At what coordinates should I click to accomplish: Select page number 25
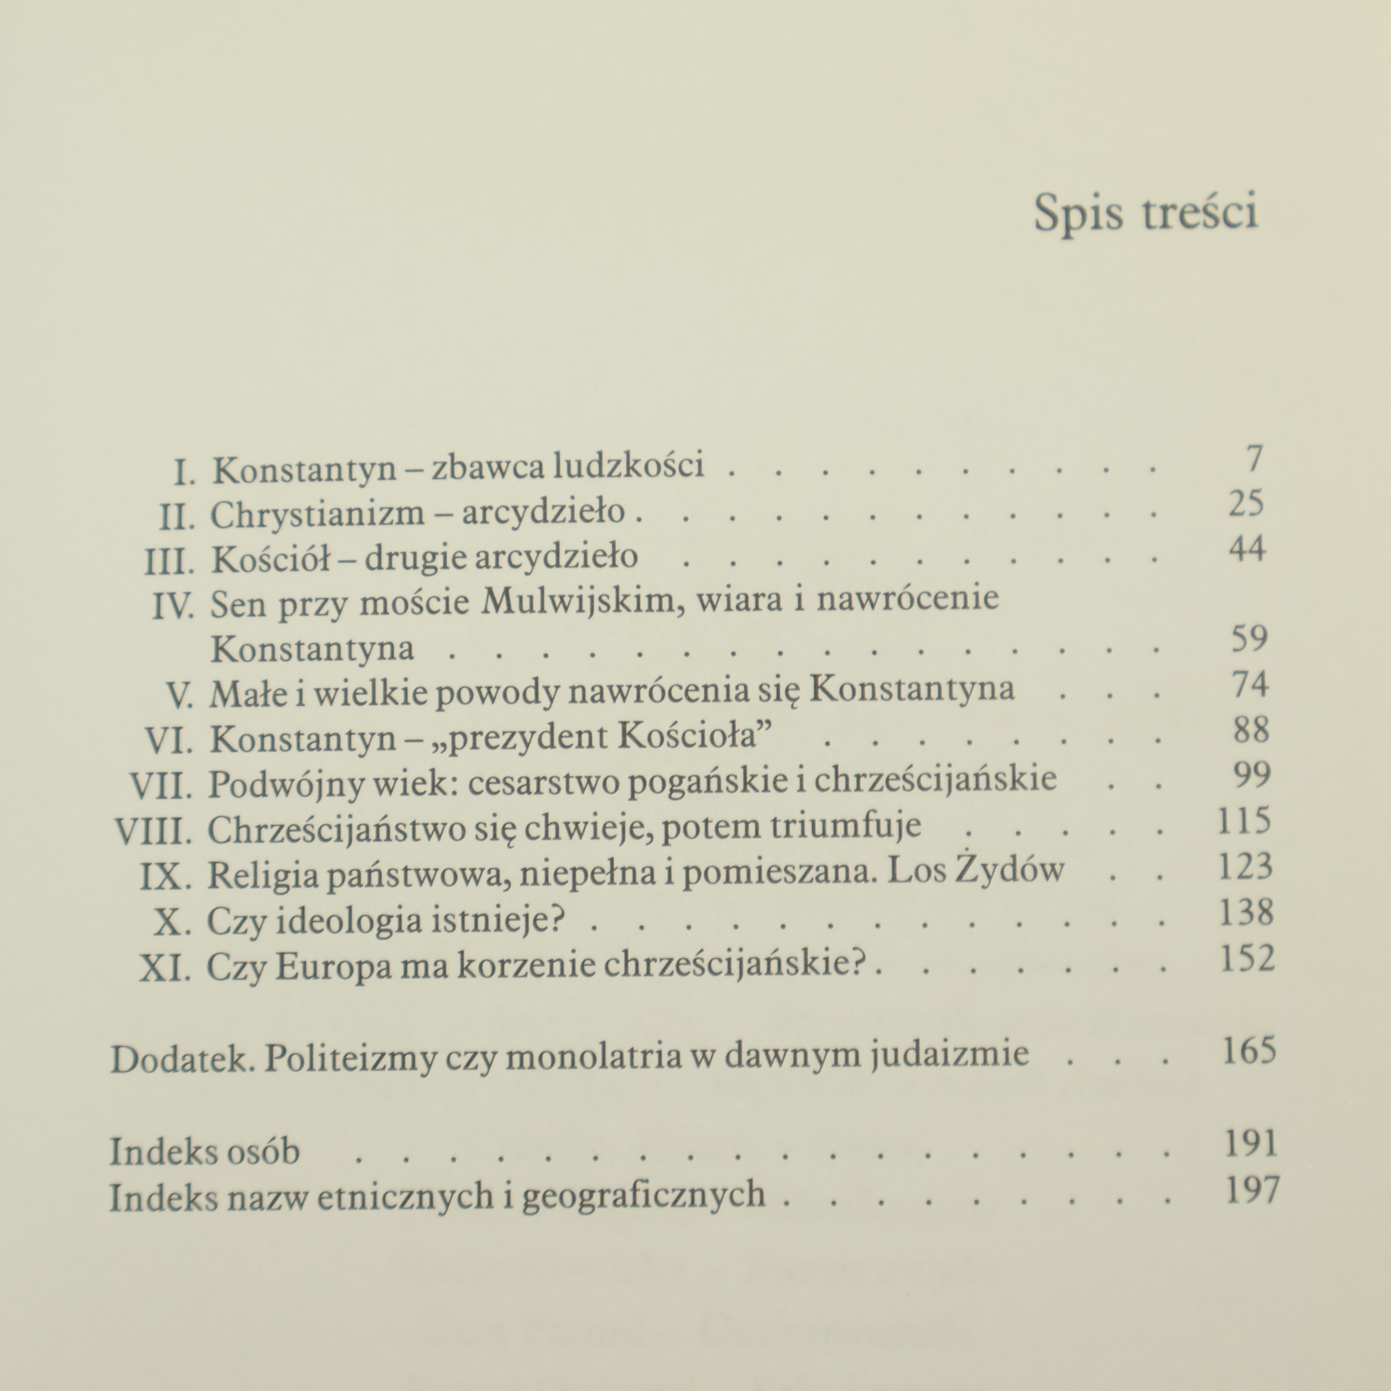pos(1246,504)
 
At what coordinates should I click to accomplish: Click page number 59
pos(1250,640)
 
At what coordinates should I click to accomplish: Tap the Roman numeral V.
pos(179,695)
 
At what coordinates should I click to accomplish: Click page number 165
pos(1248,1051)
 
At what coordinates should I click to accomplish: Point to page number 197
pos(1252,1189)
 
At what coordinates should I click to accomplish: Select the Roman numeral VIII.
pos(153,832)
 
